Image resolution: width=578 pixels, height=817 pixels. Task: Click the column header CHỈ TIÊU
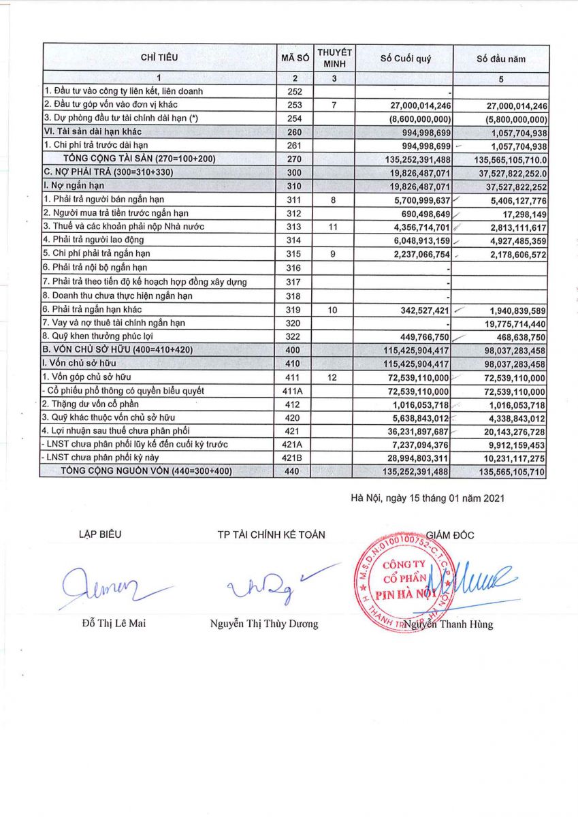159,57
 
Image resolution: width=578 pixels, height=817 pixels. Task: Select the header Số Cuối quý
405,59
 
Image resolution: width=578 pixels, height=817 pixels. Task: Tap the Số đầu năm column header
500,59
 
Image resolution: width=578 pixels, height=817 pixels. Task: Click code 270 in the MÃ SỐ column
292,159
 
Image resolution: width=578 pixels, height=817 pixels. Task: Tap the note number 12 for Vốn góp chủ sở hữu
333,377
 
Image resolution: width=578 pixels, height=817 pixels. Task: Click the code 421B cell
292,458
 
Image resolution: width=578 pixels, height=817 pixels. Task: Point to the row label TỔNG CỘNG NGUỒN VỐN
159,471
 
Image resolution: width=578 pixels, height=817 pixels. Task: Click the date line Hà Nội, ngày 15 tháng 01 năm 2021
427,498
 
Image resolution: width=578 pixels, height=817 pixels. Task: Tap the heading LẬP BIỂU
100,534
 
